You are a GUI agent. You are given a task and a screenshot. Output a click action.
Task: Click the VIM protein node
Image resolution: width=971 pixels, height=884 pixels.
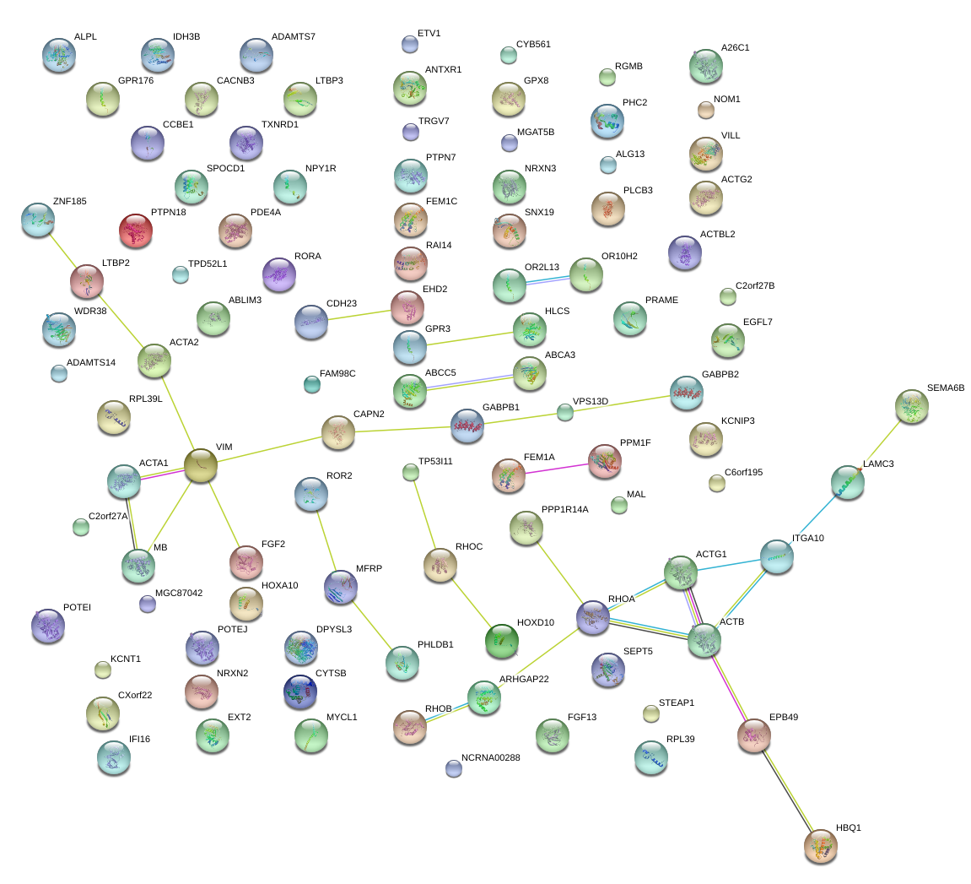pyautogui.click(x=201, y=465)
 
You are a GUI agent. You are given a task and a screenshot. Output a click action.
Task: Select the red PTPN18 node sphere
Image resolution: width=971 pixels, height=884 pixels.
pyautogui.click(x=136, y=230)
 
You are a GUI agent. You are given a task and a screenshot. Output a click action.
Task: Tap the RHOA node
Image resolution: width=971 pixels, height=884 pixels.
pyautogui.click(x=593, y=617)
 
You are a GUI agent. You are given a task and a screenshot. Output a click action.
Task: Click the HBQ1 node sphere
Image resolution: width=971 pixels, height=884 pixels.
pyautogui.click(x=820, y=846)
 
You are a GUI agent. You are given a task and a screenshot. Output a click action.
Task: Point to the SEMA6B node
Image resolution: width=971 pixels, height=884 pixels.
pyautogui.click(x=911, y=406)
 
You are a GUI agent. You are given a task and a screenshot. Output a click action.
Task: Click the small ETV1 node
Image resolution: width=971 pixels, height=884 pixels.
pyautogui.click(x=409, y=44)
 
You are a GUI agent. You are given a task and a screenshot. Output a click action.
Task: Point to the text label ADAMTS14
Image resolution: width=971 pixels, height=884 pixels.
pyautogui.click(x=91, y=362)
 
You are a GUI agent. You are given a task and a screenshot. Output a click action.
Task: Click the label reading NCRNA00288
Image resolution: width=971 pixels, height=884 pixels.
pyautogui.click(x=491, y=757)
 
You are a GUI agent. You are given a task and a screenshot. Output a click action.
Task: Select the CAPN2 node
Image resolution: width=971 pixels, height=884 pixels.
pyautogui.click(x=338, y=432)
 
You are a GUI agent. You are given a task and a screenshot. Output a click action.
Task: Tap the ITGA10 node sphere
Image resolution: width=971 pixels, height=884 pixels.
pyautogui.click(x=776, y=556)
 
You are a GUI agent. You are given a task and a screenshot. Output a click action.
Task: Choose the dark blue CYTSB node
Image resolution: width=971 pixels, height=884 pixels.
pyautogui.click(x=300, y=691)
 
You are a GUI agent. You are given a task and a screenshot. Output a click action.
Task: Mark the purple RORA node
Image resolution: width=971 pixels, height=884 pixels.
pyautogui.click(x=279, y=274)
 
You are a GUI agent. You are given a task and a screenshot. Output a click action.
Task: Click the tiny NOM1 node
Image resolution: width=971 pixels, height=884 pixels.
pyautogui.click(x=706, y=109)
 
